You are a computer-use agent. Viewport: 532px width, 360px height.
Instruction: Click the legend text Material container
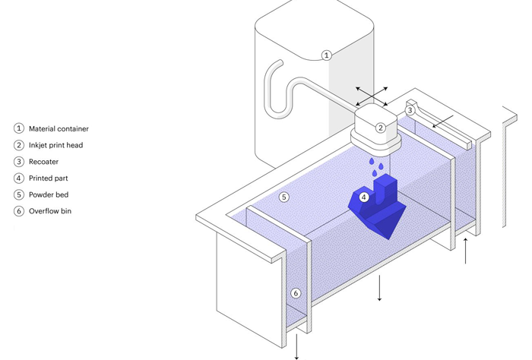coord(59,129)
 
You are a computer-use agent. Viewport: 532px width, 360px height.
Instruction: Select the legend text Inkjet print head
coord(56,145)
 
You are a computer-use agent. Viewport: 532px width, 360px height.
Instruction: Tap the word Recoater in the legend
coord(44,162)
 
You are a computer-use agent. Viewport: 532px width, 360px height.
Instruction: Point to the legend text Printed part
coord(49,178)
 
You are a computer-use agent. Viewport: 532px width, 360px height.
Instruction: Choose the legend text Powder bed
coord(49,194)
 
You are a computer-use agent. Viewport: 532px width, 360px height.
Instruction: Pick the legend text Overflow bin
coord(50,211)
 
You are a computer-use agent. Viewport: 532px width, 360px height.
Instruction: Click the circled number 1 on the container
coord(326,55)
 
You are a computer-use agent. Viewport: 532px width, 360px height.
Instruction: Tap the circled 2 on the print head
coord(381,128)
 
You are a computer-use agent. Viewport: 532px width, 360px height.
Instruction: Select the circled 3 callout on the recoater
coord(410,110)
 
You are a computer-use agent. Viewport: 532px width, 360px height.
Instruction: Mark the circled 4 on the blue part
coord(364,197)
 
